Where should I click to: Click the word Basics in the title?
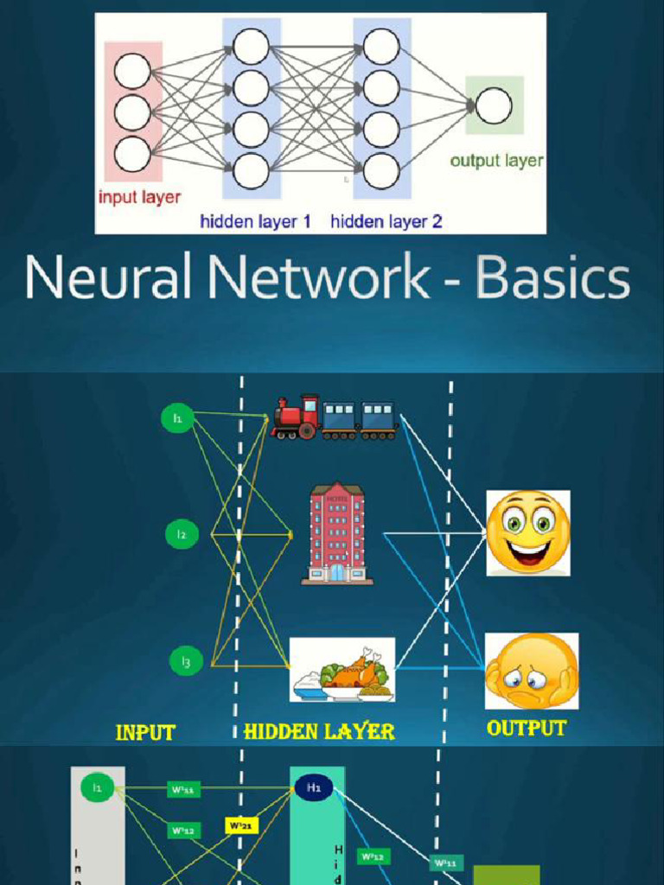click(552, 280)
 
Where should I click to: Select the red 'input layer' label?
click(139, 197)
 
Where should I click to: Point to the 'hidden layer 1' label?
click(255, 221)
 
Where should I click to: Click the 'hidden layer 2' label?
click(386, 221)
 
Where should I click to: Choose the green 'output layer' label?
click(496, 161)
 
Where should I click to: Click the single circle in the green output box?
click(494, 105)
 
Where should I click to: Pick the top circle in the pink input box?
click(132, 71)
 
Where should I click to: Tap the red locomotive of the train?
click(297, 417)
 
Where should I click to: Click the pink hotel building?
click(337, 533)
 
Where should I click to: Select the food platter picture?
click(342, 670)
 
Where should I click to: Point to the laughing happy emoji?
click(527, 532)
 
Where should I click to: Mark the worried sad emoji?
click(531, 671)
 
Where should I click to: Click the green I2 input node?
click(182, 535)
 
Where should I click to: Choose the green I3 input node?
click(186, 662)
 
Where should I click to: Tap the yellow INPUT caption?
click(145, 733)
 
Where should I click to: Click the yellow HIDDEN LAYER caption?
click(319, 732)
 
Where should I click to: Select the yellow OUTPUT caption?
click(526, 729)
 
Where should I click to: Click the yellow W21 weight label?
click(241, 825)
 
